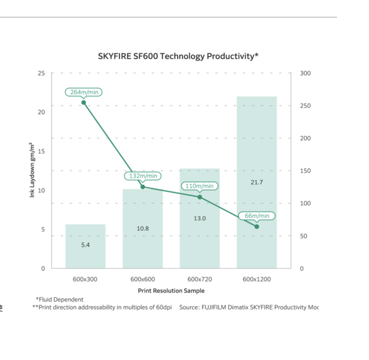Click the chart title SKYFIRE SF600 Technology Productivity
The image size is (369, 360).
(x=178, y=56)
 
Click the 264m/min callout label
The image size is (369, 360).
(x=83, y=92)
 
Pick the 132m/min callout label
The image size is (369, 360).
(x=143, y=176)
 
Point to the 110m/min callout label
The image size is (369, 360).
(x=199, y=186)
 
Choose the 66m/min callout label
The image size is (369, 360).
(x=257, y=216)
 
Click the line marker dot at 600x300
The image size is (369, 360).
(x=83, y=102)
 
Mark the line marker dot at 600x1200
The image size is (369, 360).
(x=257, y=227)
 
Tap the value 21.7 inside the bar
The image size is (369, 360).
(x=256, y=182)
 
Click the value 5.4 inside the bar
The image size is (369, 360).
(x=85, y=245)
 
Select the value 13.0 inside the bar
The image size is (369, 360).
(x=200, y=218)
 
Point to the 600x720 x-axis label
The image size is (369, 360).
(x=200, y=279)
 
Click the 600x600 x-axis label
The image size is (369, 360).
(x=143, y=279)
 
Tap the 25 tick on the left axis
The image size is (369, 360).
(x=42, y=73)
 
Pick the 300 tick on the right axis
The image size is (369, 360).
(x=306, y=73)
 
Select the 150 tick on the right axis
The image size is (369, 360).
(x=306, y=171)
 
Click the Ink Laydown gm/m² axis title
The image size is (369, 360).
(x=32, y=170)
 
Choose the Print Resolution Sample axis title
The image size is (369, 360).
(x=171, y=291)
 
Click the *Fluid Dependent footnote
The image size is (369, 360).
(x=60, y=300)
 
